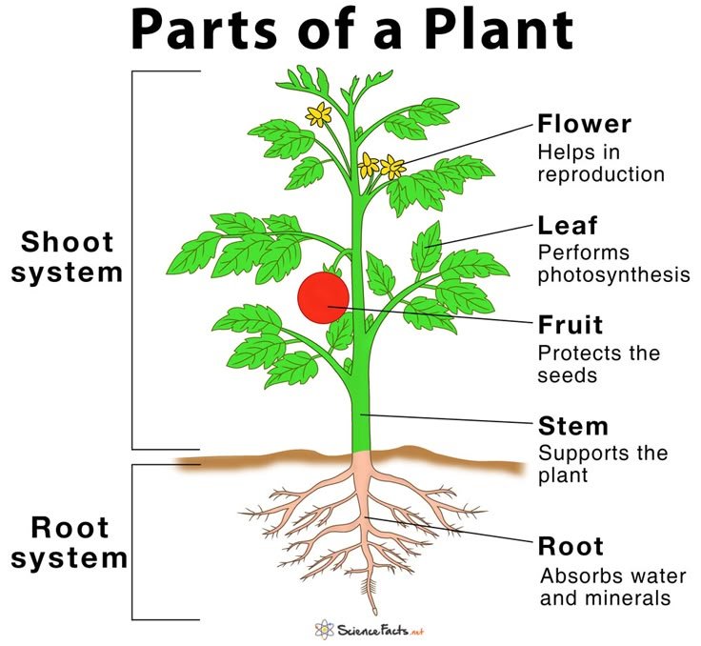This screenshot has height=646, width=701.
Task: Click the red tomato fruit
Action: pos(325,296)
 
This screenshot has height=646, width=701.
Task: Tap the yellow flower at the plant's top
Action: pos(318,115)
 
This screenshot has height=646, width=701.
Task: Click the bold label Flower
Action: pos(584,125)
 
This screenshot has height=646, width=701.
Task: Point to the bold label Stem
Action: pos(572,424)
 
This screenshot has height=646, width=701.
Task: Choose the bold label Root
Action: pos(571,547)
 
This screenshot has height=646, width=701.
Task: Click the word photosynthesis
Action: pos(613,276)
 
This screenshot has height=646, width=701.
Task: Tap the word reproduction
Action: pos(601,175)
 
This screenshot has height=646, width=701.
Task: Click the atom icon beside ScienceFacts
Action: pos(322,629)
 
